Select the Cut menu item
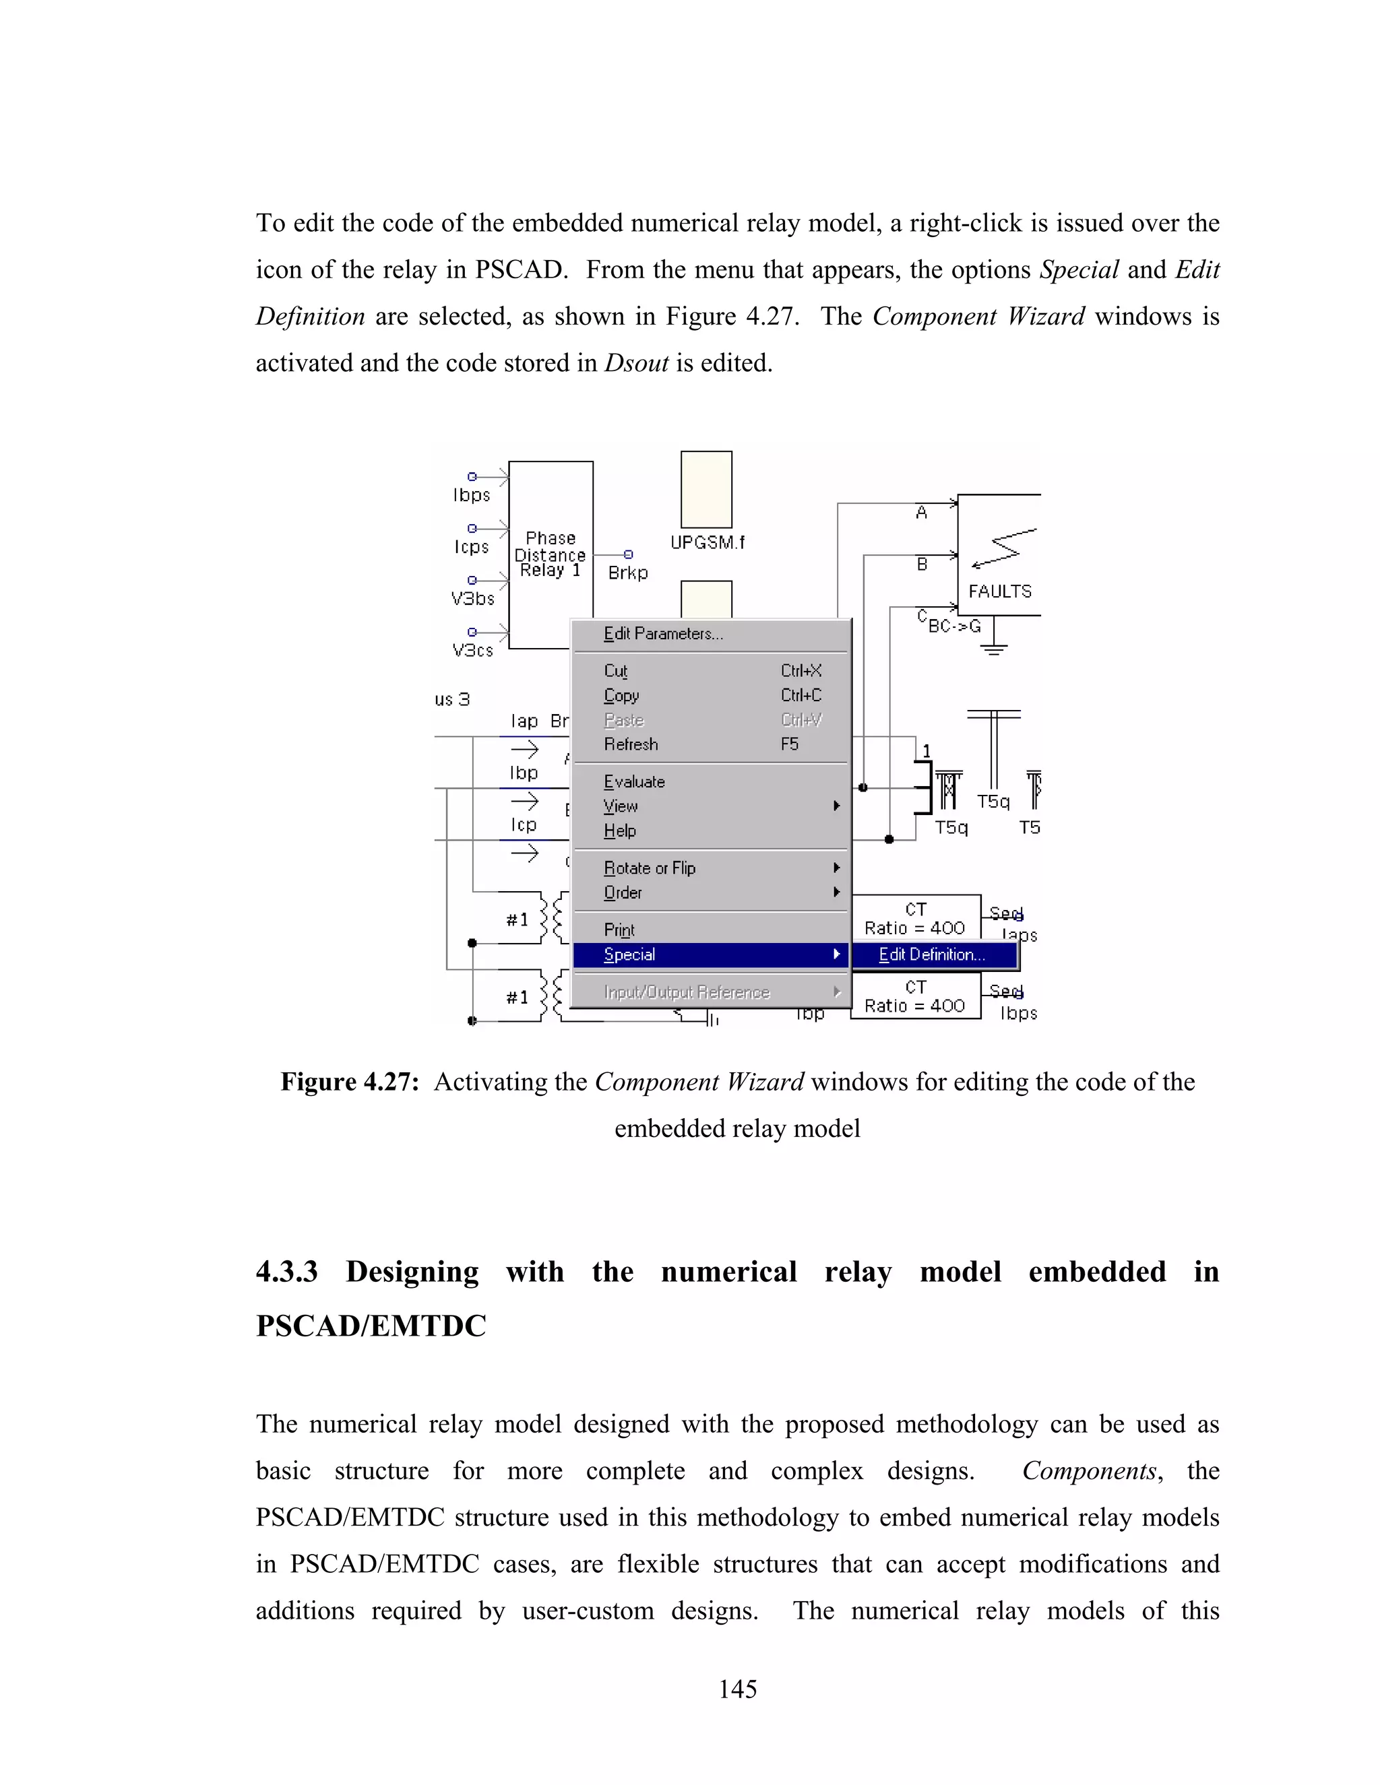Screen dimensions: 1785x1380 [x=616, y=671]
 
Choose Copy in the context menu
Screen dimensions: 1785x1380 [x=621, y=696]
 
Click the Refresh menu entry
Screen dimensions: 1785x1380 [x=630, y=744]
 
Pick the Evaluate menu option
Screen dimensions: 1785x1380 [x=634, y=782]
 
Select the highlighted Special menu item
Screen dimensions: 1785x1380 [x=629, y=954]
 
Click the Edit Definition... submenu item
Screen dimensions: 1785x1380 [x=932, y=954]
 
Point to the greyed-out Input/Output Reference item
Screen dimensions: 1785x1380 [x=687, y=992]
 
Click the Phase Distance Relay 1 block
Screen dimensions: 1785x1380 [x=551, y=554]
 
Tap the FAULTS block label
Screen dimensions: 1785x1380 [x=999, y=591]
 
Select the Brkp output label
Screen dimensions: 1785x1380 [x=628, y=573]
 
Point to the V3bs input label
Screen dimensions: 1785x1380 [x=472, y=599]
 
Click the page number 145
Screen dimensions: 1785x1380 [x=737, y=1689]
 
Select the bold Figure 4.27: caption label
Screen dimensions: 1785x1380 [x=350, y=1082]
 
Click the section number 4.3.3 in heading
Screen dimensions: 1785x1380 [x=286, y=1272]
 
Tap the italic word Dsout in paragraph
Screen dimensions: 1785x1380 [x=636, y=363]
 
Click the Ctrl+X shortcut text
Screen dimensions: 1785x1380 [x=801, y=671]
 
